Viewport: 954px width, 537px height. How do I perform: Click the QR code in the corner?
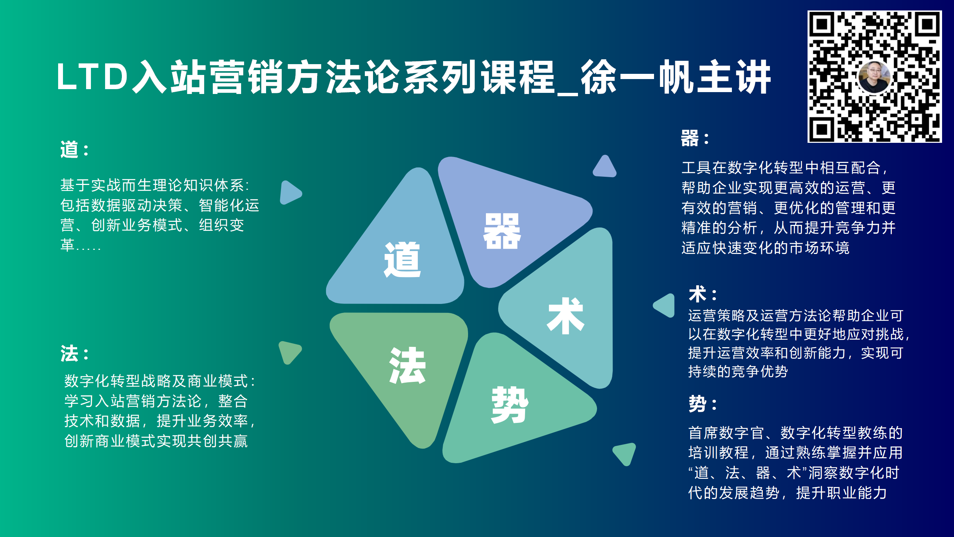(x=874, y=76)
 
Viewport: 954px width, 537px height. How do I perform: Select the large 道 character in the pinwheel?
(x=402, y=260)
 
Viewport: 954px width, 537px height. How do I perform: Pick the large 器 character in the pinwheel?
(x=502, y=231)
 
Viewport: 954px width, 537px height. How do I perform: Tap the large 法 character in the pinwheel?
(x=407, y=365)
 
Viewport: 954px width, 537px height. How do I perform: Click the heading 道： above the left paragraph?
(x=75, y=150)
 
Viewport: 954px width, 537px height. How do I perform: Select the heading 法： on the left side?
(x=75, y=353)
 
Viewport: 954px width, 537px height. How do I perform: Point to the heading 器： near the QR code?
(x=695, y=138)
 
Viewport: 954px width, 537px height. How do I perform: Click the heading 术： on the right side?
(x=703, y=294)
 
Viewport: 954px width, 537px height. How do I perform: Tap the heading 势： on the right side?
(x=703, y=403)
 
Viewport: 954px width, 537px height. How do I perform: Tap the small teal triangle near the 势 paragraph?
(x=625, y=453)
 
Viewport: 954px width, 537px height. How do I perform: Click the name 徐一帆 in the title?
(x=637, y=77)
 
